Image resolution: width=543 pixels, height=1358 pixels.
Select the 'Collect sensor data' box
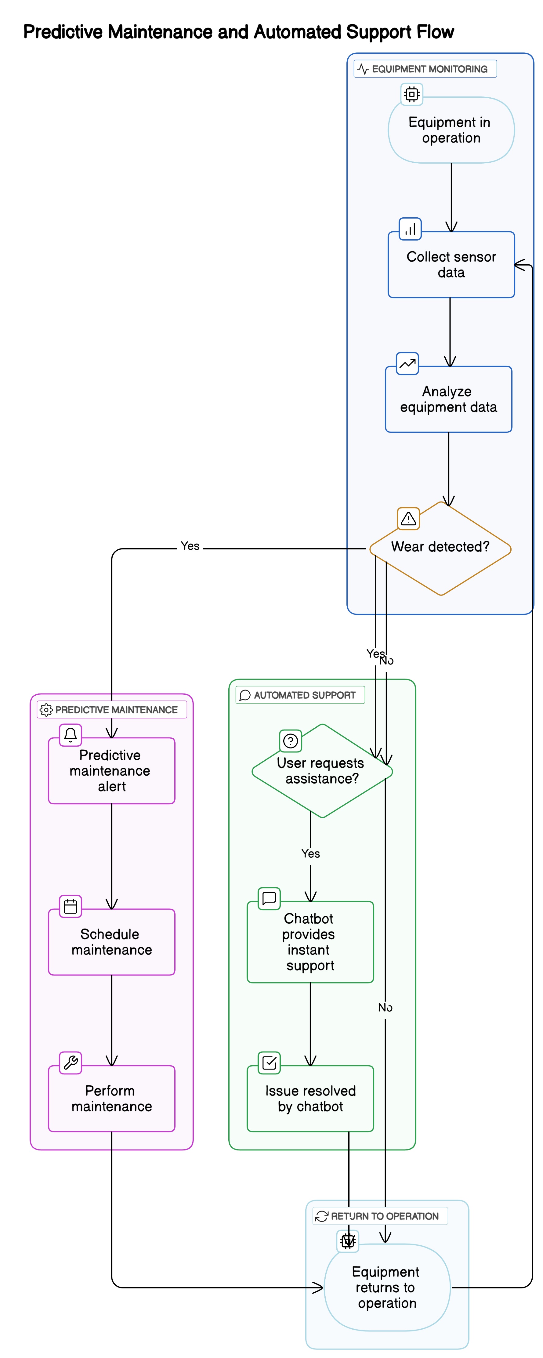point(451,265)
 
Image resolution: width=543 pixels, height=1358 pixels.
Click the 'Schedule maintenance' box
point(111,942)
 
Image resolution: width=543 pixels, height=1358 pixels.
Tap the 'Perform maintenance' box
point(111,1098)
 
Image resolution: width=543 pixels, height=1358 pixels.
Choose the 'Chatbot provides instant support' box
point(310,942)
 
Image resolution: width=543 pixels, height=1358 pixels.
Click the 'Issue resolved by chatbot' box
point(310,1098)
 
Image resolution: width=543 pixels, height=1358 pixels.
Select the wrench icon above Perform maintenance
point(70,1062)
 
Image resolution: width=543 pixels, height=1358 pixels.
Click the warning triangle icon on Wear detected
point(408,519)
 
